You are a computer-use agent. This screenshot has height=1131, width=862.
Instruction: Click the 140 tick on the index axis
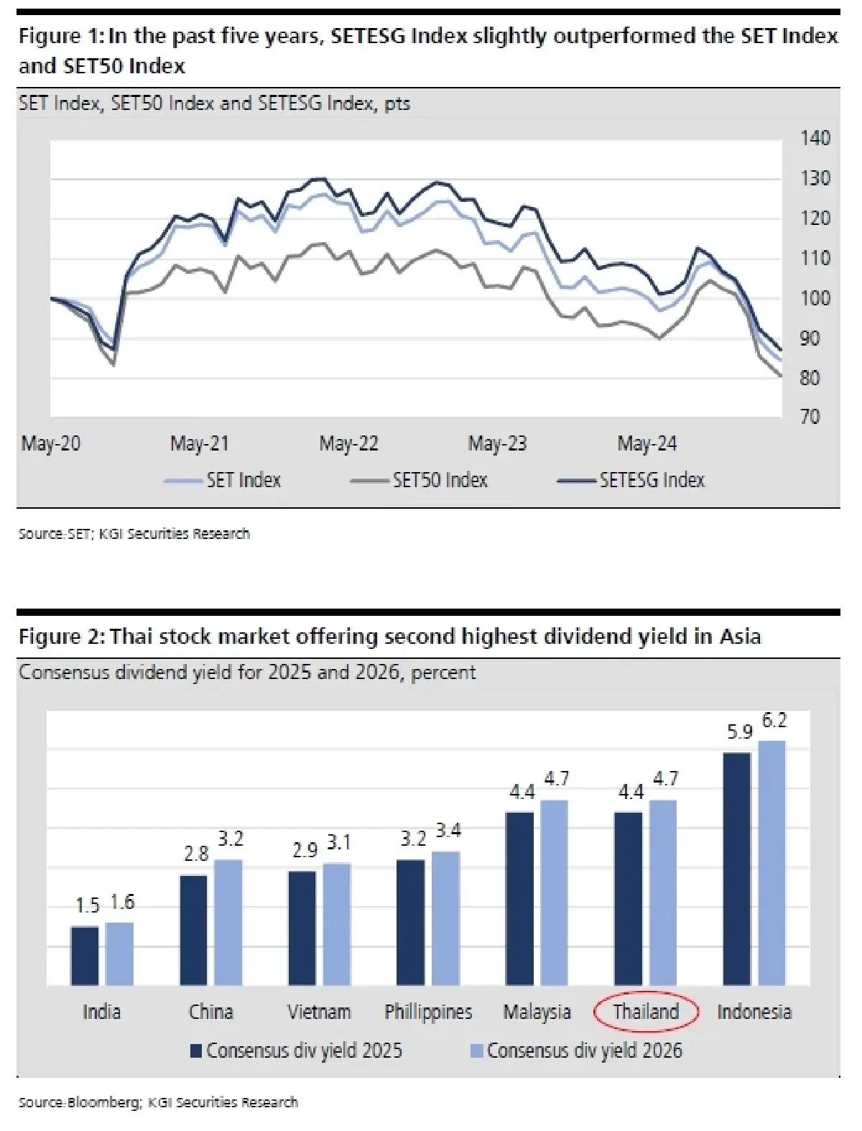pyautogui.click(x=815, y=138)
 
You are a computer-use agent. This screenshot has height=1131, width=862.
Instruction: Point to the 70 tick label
pyautogui.click(x=810, y=417)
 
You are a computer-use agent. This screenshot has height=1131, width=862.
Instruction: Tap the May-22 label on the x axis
pyautogui.click(x=348, y=443)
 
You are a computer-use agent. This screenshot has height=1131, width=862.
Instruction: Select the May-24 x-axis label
pyautogui.click(x=646, y=443)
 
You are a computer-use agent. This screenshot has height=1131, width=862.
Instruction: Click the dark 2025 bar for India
pyautogui.click(x=85, y=956)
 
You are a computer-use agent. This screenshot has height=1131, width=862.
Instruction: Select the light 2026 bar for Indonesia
pyautogui.click(x=772, y=862)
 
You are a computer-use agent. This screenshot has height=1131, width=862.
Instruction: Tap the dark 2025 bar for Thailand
pyautogui.click(x=629, y=898)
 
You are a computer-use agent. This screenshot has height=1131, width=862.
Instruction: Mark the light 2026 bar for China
pyautogui.click(x=228, y=922)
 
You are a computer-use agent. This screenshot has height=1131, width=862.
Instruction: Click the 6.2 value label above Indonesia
pyautogui.click(x=774, y=720)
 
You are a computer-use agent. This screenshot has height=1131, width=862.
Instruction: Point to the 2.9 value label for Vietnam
pyautogui.click(x=305, y=851)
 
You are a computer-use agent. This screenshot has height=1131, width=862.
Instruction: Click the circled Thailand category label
pyautogui.click(x=646, y=1012)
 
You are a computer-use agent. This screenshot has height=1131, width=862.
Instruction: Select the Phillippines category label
pyautogui.click(x=428, y=1012)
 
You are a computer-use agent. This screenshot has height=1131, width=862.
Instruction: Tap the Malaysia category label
pyautogui.click(x=537, y=1012)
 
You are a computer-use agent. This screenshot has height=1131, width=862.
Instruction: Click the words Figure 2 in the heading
pyautogui.click(x=61, y=637)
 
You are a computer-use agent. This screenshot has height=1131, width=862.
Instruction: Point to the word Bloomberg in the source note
pyautogui.click(x=105, y=1102)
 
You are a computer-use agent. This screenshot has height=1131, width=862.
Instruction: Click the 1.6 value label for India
pyautogui.click(x=123, y=903)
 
